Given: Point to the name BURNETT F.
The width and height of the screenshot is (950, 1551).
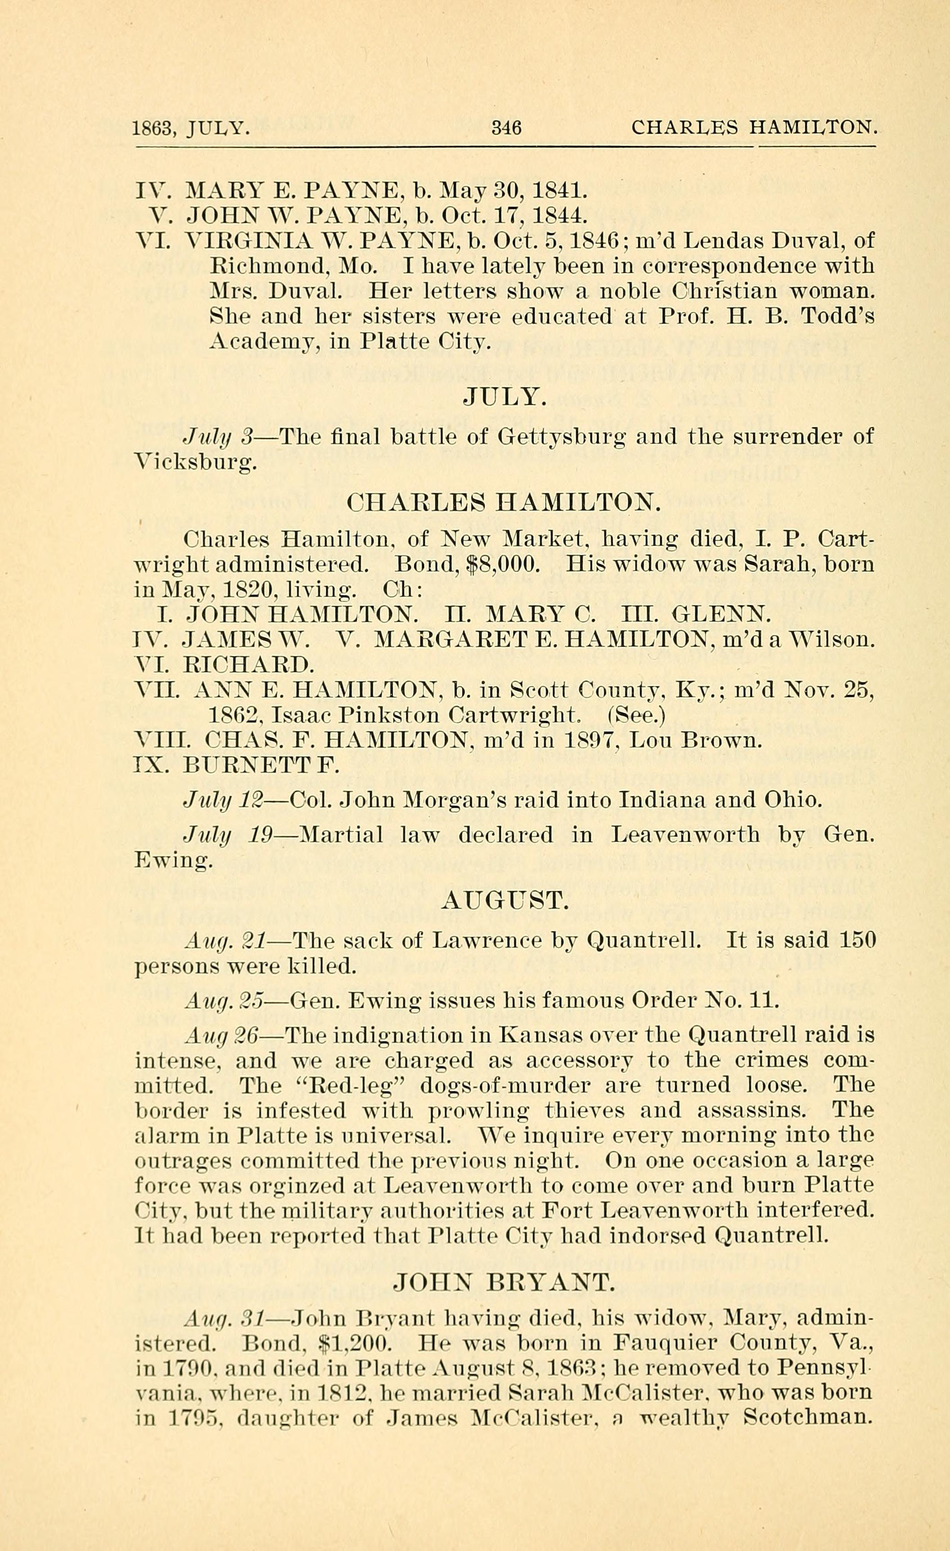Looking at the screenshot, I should (x=261, y=766).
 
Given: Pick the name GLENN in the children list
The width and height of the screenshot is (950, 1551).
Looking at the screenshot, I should (x=720, y=614).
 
